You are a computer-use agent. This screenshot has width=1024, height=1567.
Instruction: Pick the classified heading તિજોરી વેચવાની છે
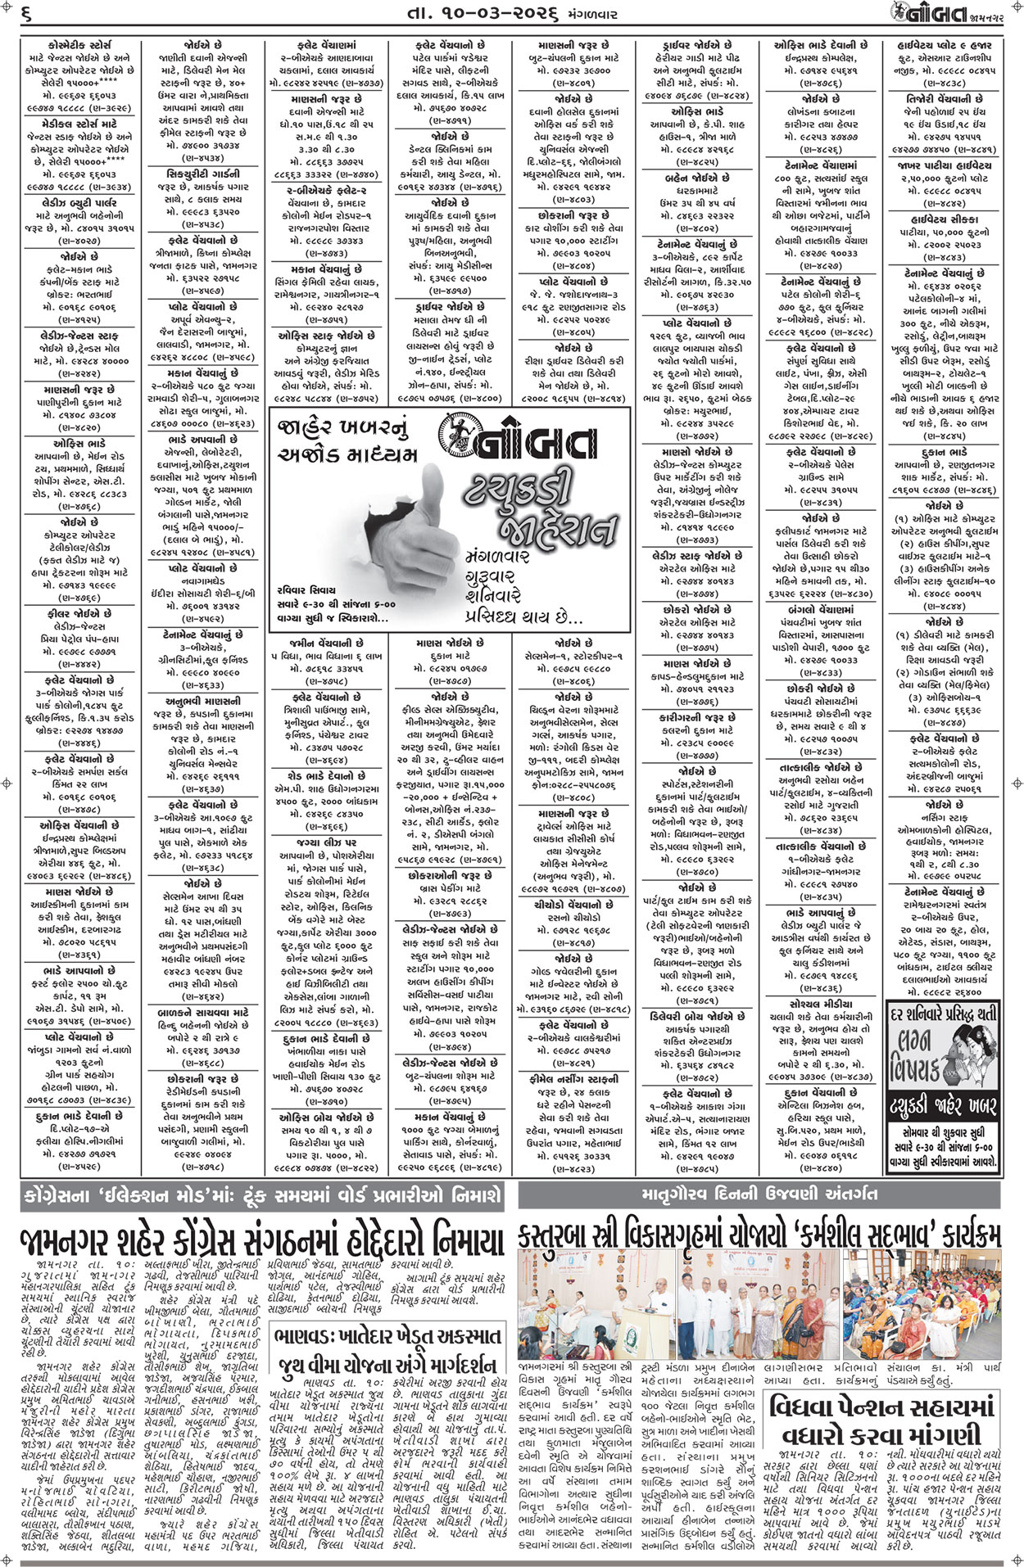tap(951, 98)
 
